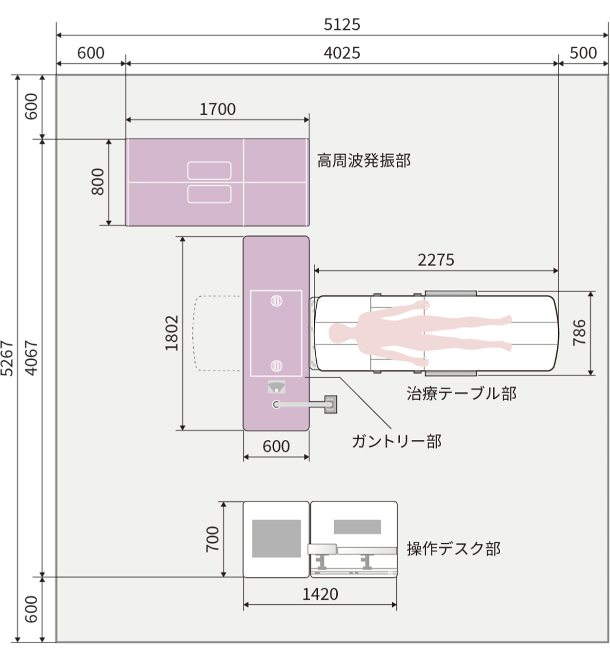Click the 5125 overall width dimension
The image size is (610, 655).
(342, 24)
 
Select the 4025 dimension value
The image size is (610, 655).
(342, 53)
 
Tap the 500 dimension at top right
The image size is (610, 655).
(583, 53)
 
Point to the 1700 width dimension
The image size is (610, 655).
(218, 109)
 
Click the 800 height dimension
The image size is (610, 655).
(98, 182)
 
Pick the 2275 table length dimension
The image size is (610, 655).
(436, 260)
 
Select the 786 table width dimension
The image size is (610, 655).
(579, 332)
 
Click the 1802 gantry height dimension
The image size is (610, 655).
(172, 333)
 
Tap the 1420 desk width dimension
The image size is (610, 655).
(320, 594)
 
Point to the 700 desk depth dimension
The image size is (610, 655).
(213, 539)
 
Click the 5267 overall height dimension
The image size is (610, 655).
(7, 359)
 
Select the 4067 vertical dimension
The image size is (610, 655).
(31, 359)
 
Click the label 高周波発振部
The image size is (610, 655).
(364, 161)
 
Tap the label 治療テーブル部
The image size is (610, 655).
(461, 393)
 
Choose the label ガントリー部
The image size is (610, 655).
(396, 441)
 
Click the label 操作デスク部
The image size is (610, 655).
(453, 549)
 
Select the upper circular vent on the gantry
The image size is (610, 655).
(276, 301)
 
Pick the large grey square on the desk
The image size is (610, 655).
(276, 538)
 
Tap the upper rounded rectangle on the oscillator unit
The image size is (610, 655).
(209, 170)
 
